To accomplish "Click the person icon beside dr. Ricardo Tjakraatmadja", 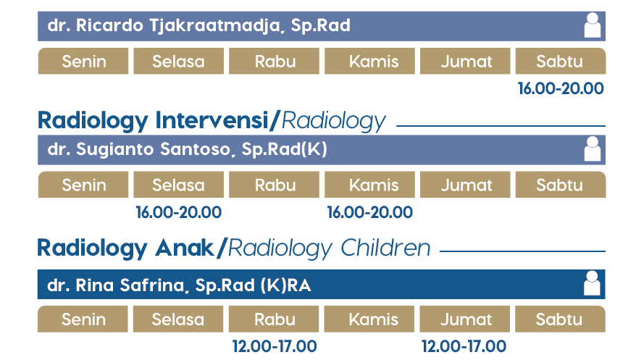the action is point(593,25).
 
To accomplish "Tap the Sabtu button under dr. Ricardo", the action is point(561,62).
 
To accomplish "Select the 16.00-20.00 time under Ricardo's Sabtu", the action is point(561,88).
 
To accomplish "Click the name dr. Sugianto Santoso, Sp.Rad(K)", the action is point(188,149).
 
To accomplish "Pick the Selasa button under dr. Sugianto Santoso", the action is point(178,185).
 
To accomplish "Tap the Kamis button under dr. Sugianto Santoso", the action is point(369,185).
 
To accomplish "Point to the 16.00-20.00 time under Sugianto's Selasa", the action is point(178,212).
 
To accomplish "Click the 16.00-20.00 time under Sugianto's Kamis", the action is point(370,212).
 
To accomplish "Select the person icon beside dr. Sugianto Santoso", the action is point(593,148).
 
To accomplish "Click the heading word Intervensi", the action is point(212,120).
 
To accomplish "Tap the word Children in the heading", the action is point(385,248).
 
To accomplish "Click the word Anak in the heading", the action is point(185,248).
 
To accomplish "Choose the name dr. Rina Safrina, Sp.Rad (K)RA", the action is point(179,285).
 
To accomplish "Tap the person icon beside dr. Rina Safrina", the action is point(592,283).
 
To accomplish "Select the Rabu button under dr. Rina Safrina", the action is point(274,319).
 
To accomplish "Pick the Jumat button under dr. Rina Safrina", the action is point(465,319).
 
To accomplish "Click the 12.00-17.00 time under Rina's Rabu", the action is point(275,346).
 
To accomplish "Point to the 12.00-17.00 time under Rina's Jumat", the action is point(464,346).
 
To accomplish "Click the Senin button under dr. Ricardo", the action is point(83,62).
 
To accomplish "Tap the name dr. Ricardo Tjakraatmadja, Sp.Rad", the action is point(198,25).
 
